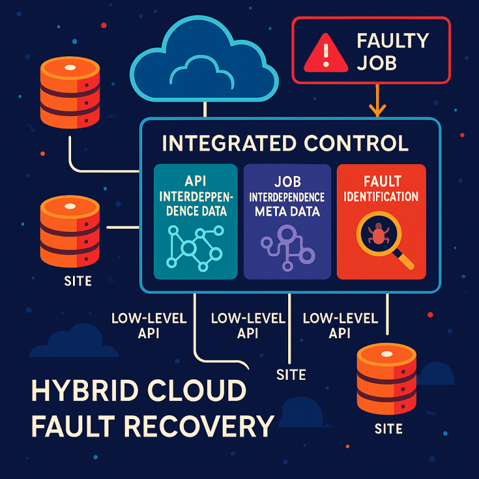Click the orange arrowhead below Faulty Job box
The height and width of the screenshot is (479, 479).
(x=377, y=110)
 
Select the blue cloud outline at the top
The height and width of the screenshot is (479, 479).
(x=205, y=60)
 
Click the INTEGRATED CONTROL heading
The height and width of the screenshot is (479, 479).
(x=285, y=143)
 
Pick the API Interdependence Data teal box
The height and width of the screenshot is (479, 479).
(x=195, y=221)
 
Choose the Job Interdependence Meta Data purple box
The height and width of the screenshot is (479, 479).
(x=287, y=221)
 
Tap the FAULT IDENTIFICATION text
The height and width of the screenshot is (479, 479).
(x=381, y=189)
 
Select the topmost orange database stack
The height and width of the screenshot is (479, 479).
(x=70, y=94)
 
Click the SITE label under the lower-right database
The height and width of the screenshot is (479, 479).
(x=388, y=429)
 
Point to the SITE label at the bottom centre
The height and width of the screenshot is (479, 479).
(x=291, y=374)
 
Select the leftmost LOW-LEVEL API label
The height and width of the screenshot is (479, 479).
(x=149, y=326)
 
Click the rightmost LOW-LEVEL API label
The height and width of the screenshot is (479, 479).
(x=340, y=326)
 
